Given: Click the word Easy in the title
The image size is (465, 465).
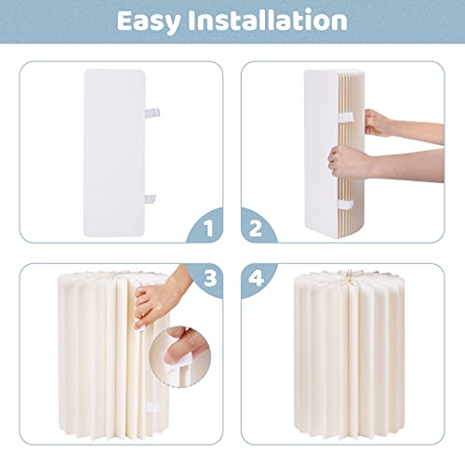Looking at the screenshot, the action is click(x=149, y=21).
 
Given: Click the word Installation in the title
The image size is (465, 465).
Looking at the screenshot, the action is click(x=268, y=20).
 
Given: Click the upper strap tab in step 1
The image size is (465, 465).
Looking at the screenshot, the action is click(x=153, y=113).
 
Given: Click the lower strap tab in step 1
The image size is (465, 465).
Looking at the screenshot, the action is click(x=150, y=199).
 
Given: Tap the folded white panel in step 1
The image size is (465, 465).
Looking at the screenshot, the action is click(x=114, y=153).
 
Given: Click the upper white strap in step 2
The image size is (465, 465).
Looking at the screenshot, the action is click(x=346, y=117).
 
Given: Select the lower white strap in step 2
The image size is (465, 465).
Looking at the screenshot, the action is click(x=346, y=205).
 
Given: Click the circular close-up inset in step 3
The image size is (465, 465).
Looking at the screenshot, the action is click(x=180, y=356).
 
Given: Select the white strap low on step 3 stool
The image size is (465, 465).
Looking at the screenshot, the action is click(x=153, y=407).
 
